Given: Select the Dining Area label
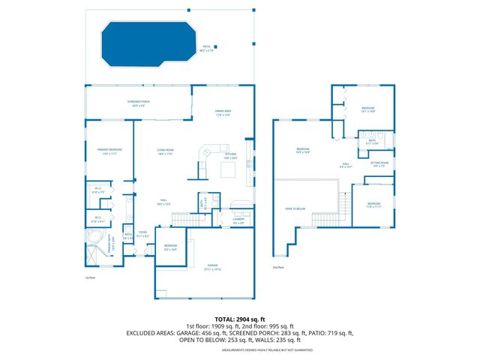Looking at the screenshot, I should (223, 112).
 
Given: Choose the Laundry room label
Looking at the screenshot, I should (238, 220).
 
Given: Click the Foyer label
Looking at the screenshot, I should (142, 234).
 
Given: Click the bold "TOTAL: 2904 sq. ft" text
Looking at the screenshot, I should (239, 319).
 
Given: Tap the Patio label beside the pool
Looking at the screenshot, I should (208, 49).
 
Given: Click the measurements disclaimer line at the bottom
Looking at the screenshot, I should (239, 350).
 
